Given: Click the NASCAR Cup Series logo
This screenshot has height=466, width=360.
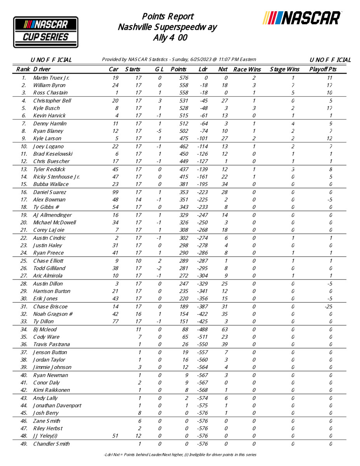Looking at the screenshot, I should click(x=46, y=32).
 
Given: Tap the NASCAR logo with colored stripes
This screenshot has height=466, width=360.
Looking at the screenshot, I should click(x=302, y=18).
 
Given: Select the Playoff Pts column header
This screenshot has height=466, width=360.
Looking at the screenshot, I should click(x=323, y=70).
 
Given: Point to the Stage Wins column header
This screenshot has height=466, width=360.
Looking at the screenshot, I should click(x=284, y=70).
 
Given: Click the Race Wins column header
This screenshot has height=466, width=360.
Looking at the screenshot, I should click(x=247, y=70).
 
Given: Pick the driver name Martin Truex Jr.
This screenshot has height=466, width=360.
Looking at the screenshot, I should click(x=51, y=78).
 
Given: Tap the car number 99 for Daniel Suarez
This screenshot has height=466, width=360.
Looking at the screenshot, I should click(x=115, y=192).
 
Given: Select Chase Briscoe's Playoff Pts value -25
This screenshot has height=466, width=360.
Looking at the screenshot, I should click(x=330, y=306).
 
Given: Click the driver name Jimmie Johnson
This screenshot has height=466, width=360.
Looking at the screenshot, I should click(x=52, y=367).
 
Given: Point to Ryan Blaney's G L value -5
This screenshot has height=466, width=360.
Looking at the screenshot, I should click(x=159, y=131).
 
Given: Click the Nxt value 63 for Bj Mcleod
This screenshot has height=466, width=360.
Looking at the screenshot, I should click(x=225, y=329).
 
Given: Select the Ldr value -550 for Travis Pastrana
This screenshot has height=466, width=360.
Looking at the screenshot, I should click(x=202, y=344).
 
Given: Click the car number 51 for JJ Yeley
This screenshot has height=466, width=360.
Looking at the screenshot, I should click(x=115, y=436).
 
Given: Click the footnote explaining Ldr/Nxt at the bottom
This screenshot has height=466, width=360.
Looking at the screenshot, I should click(x=180, y=454).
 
